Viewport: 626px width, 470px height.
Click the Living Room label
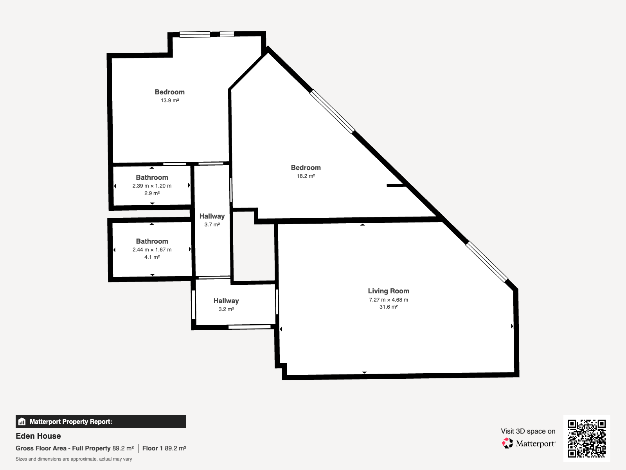(x=389, y=291)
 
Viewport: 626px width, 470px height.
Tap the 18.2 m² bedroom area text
(x=306, y=176)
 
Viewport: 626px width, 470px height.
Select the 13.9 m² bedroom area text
(x=170, y=100)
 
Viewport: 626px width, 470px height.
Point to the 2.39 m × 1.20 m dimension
(x=152, y=186)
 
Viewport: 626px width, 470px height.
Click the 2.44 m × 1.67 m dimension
(x=152, y=250)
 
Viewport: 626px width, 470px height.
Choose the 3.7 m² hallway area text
(x=212, y=224)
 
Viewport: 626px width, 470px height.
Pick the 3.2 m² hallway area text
(x=226, y=309)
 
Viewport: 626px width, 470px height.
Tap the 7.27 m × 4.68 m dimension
(x=389, y=300)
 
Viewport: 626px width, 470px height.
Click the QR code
(x=586, y=439)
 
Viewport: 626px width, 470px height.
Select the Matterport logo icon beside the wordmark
(x=507, y=443)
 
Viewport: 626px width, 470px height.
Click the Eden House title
(x=38, y=436)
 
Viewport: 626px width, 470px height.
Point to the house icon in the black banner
(x=22, y=421)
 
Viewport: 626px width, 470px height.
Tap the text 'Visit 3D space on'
(x=528, y=431)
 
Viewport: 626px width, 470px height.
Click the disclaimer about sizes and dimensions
(x=74, y=459)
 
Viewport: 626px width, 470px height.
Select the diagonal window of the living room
(x=487, y=262)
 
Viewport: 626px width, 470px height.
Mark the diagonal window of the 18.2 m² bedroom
(x=332, y=112)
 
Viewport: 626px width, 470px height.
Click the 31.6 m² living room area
(x=389, y=307)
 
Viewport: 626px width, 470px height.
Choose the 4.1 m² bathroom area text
(x=152, y=257)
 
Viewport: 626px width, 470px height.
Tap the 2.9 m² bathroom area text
(x=152, y=193)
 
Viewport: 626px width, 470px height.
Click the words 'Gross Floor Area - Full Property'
(x=63, y=448)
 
